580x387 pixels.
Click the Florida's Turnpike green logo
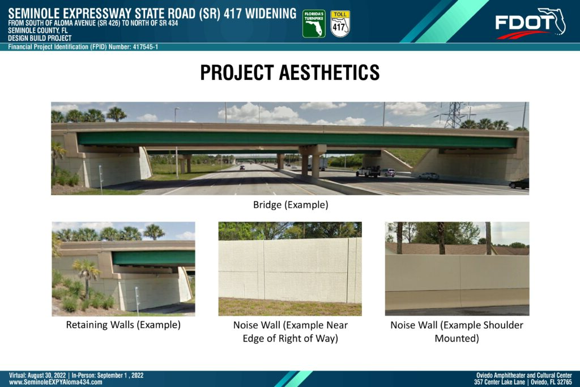coord(314,24)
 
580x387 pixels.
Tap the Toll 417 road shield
coord(340,24)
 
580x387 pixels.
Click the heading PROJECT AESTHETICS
coord(290,73)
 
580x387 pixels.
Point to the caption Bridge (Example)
coord(291,205)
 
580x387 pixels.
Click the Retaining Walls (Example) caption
coord(123,325)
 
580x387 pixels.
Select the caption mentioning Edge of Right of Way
coord(291,331)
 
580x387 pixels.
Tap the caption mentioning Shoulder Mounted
coord(457,331)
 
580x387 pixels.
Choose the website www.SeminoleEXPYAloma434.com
coord(56,382)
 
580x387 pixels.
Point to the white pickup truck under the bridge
coord(368,171)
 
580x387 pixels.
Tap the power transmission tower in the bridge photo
coord(453,115)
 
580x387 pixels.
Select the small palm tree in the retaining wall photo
coord(87,276)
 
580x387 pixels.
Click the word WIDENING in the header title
coord(271,14)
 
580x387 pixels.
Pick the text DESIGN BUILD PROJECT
coord(40,38)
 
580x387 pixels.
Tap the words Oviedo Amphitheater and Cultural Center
coord(524,375)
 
